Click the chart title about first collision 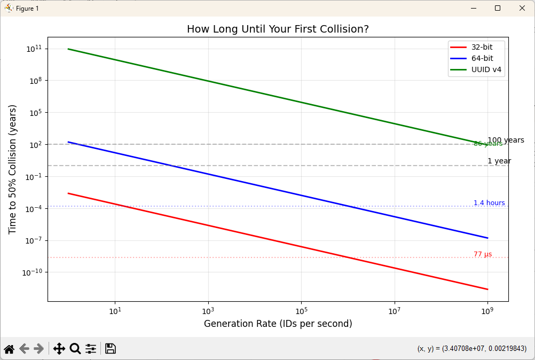[x=278, y=29]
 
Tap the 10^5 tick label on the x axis [x=301, y=311]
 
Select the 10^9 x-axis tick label [x=487, y=311]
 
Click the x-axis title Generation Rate [x=278, y=324]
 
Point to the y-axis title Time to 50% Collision [x=12, y=169]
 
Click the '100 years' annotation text [x=506, y=140]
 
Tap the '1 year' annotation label [x=499, y=161]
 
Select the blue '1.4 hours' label [x=489, y=203]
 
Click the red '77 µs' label [x=483, y=254]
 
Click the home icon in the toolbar [x=9, y=349]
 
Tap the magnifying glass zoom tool [x=75, y=349]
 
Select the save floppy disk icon [x=111, y=349]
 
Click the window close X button [x=522, y=8]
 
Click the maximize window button [x=498, y=8]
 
